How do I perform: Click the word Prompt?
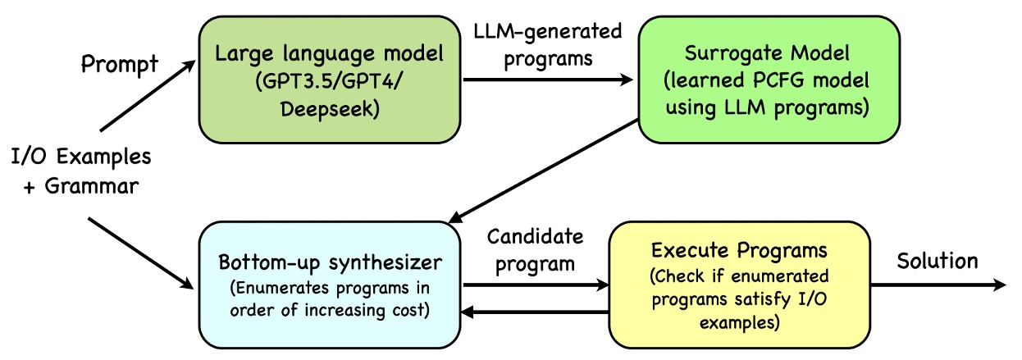tap(119, 64)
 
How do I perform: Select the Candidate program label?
tap(535, 249)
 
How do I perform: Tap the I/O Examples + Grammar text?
tap(80, 170)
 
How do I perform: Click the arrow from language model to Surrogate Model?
tap(549, 80)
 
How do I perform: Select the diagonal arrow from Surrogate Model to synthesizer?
tap(545, 170)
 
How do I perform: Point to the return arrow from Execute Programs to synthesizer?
tap(535, 312)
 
